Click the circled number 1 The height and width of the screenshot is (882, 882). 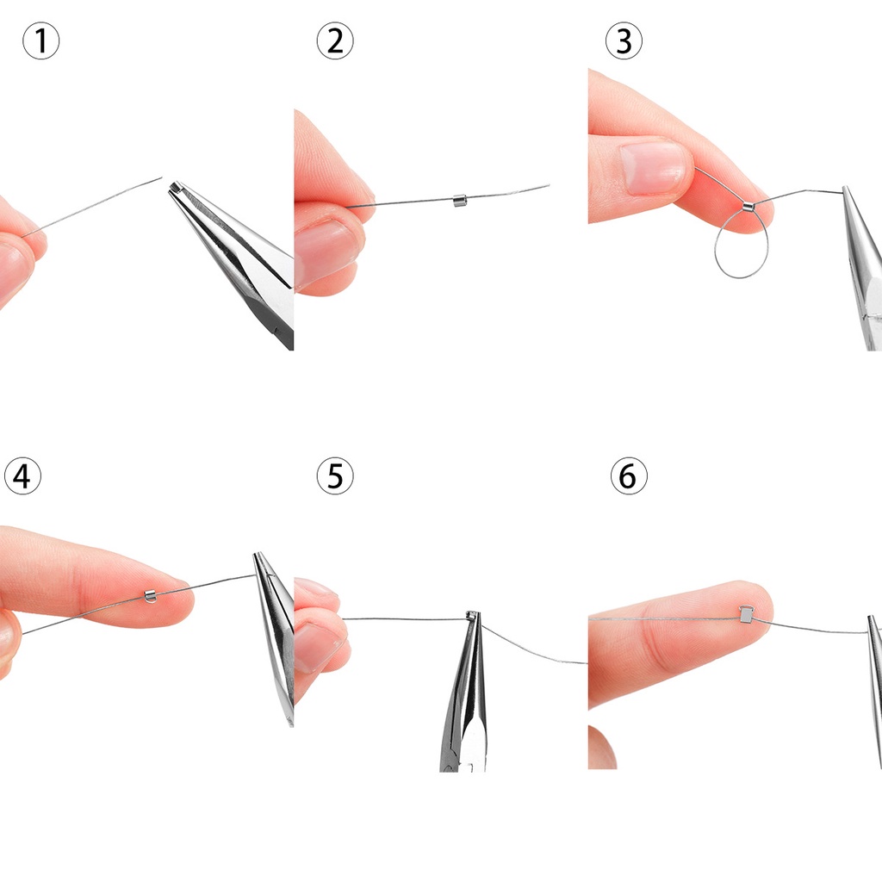click(x=41, y=41)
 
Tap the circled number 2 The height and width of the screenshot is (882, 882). click(x=335, y=41)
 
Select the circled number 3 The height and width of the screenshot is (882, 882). click(x=624, y=41)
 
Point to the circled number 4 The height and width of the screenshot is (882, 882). click(x=22, y=476)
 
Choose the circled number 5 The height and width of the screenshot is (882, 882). click(x=335, y=476)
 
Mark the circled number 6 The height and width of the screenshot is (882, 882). click(x=629, y=476)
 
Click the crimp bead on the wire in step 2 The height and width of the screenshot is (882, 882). click(x=460, y=200)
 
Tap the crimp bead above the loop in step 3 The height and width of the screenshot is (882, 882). click(x=748, y=207)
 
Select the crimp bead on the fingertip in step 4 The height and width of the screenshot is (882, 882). click(x=150, y=595)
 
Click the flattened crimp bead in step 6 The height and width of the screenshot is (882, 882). click(x=746, y=613)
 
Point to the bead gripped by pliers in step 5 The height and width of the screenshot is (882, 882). click(x=473, y=615)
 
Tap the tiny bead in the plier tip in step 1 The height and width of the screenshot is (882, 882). click(x=176, y=187)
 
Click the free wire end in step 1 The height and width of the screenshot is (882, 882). click(x=161, y=178)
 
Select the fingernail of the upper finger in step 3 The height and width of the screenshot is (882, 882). click(x=655, y=168)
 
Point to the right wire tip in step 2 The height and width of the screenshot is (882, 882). click(x=549, y=185)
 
